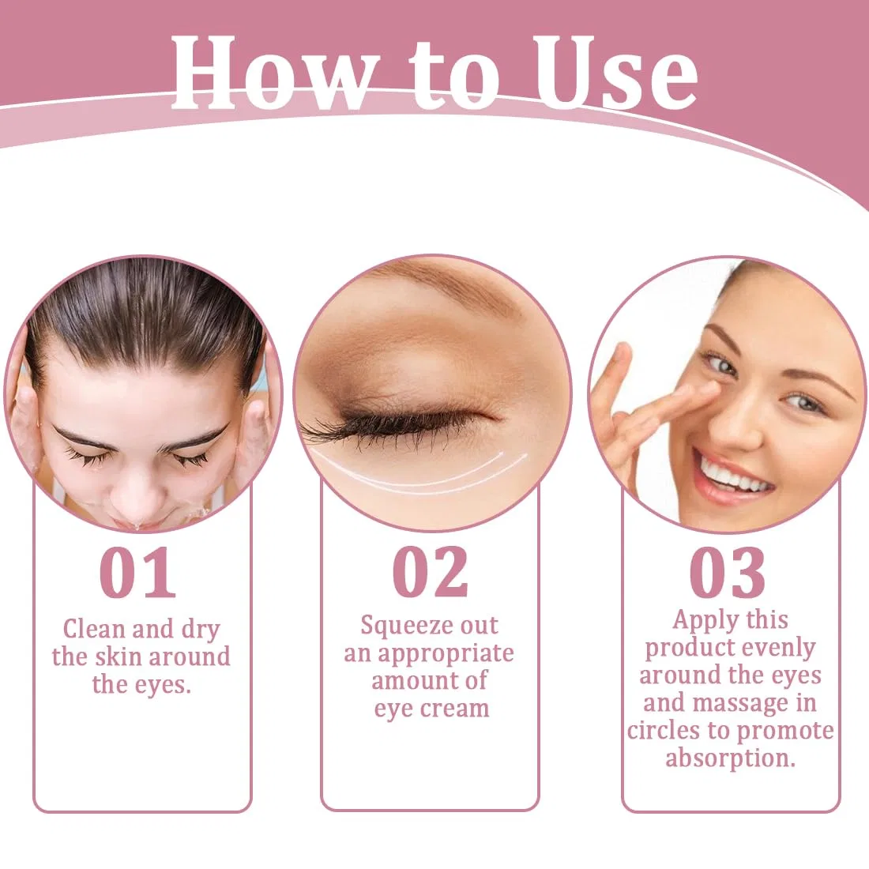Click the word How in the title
(x=272, y=72)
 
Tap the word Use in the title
(x=615, y=72)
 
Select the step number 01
(x=137, y=573)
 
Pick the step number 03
(x=728, y=573)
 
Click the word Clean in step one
(x=94, y=629)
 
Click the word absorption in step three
(x=730, y=758)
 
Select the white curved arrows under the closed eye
(x=421, y=475)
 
